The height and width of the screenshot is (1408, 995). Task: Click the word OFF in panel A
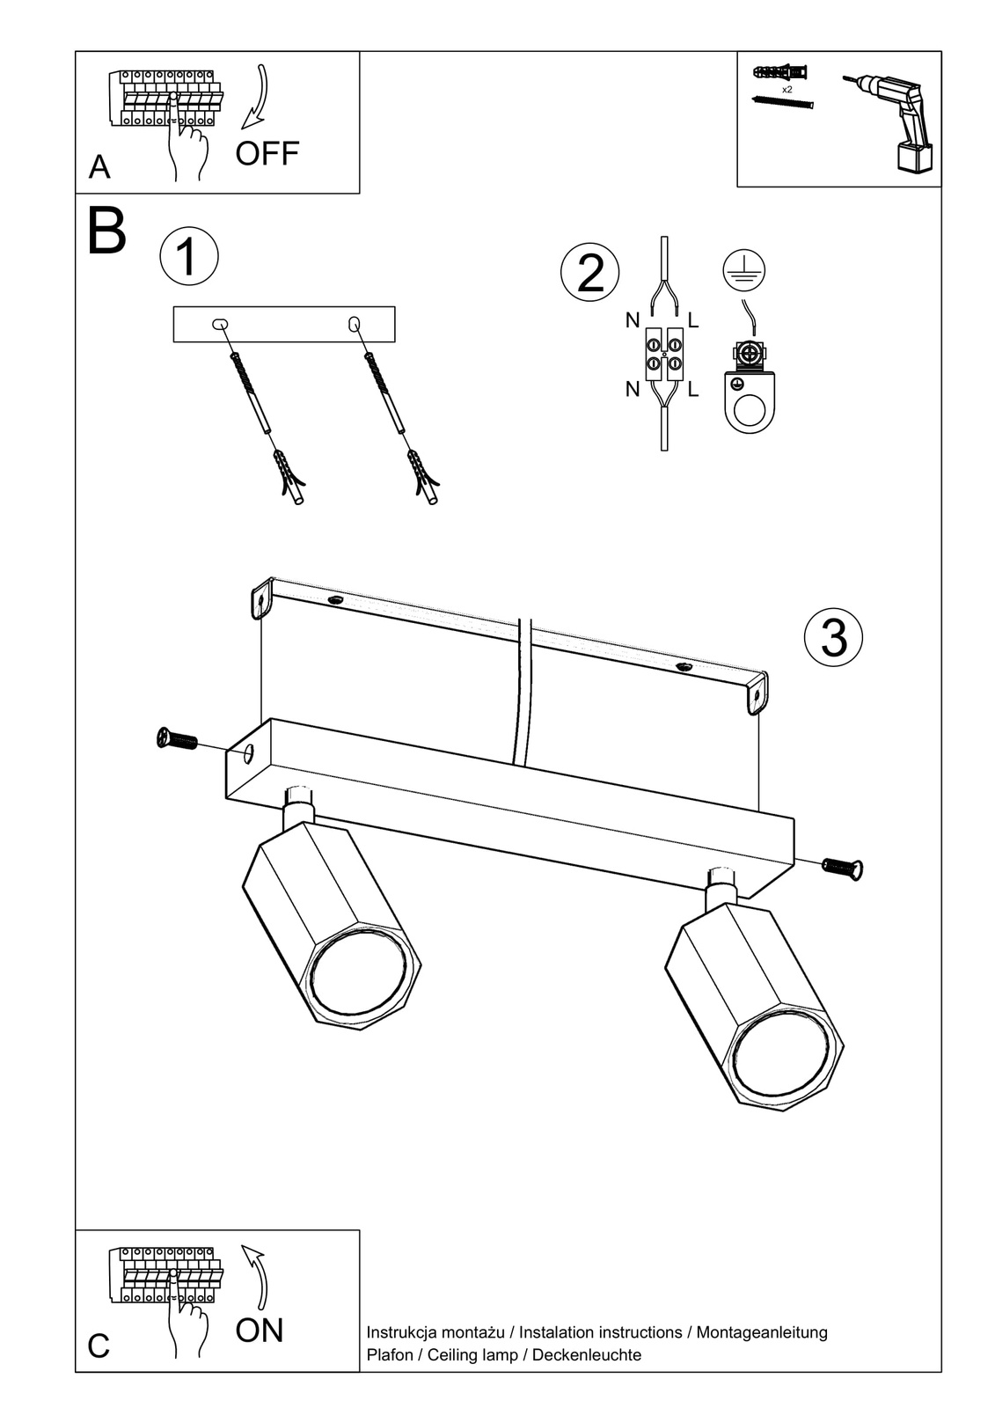click(x=267, y=153)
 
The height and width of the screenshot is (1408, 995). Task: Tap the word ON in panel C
click(x=260, y=1330)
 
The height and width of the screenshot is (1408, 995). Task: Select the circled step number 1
click(x=188, y=256)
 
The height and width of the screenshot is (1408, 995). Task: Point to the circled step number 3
click(x=833, y=636)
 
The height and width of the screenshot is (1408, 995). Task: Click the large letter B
click(x=107, y=231)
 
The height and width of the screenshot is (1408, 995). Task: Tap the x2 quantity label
click(x=786, y=90)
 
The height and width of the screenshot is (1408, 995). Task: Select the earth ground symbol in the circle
click(x=743, y=270)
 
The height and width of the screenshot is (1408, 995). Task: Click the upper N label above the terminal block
click(x=633, y=320)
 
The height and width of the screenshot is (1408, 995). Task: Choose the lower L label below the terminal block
click(x=693, y=389)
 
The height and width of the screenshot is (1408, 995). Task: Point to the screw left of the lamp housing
click(x=177, y=739)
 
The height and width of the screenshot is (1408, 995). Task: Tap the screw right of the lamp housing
click(x=843, y=868)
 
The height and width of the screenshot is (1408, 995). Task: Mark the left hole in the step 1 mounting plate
click(x=219, y=325)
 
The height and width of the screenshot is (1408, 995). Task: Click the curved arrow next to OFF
click(x=259, y=97)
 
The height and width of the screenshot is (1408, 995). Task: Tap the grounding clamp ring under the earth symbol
click(x=748, y=410)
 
